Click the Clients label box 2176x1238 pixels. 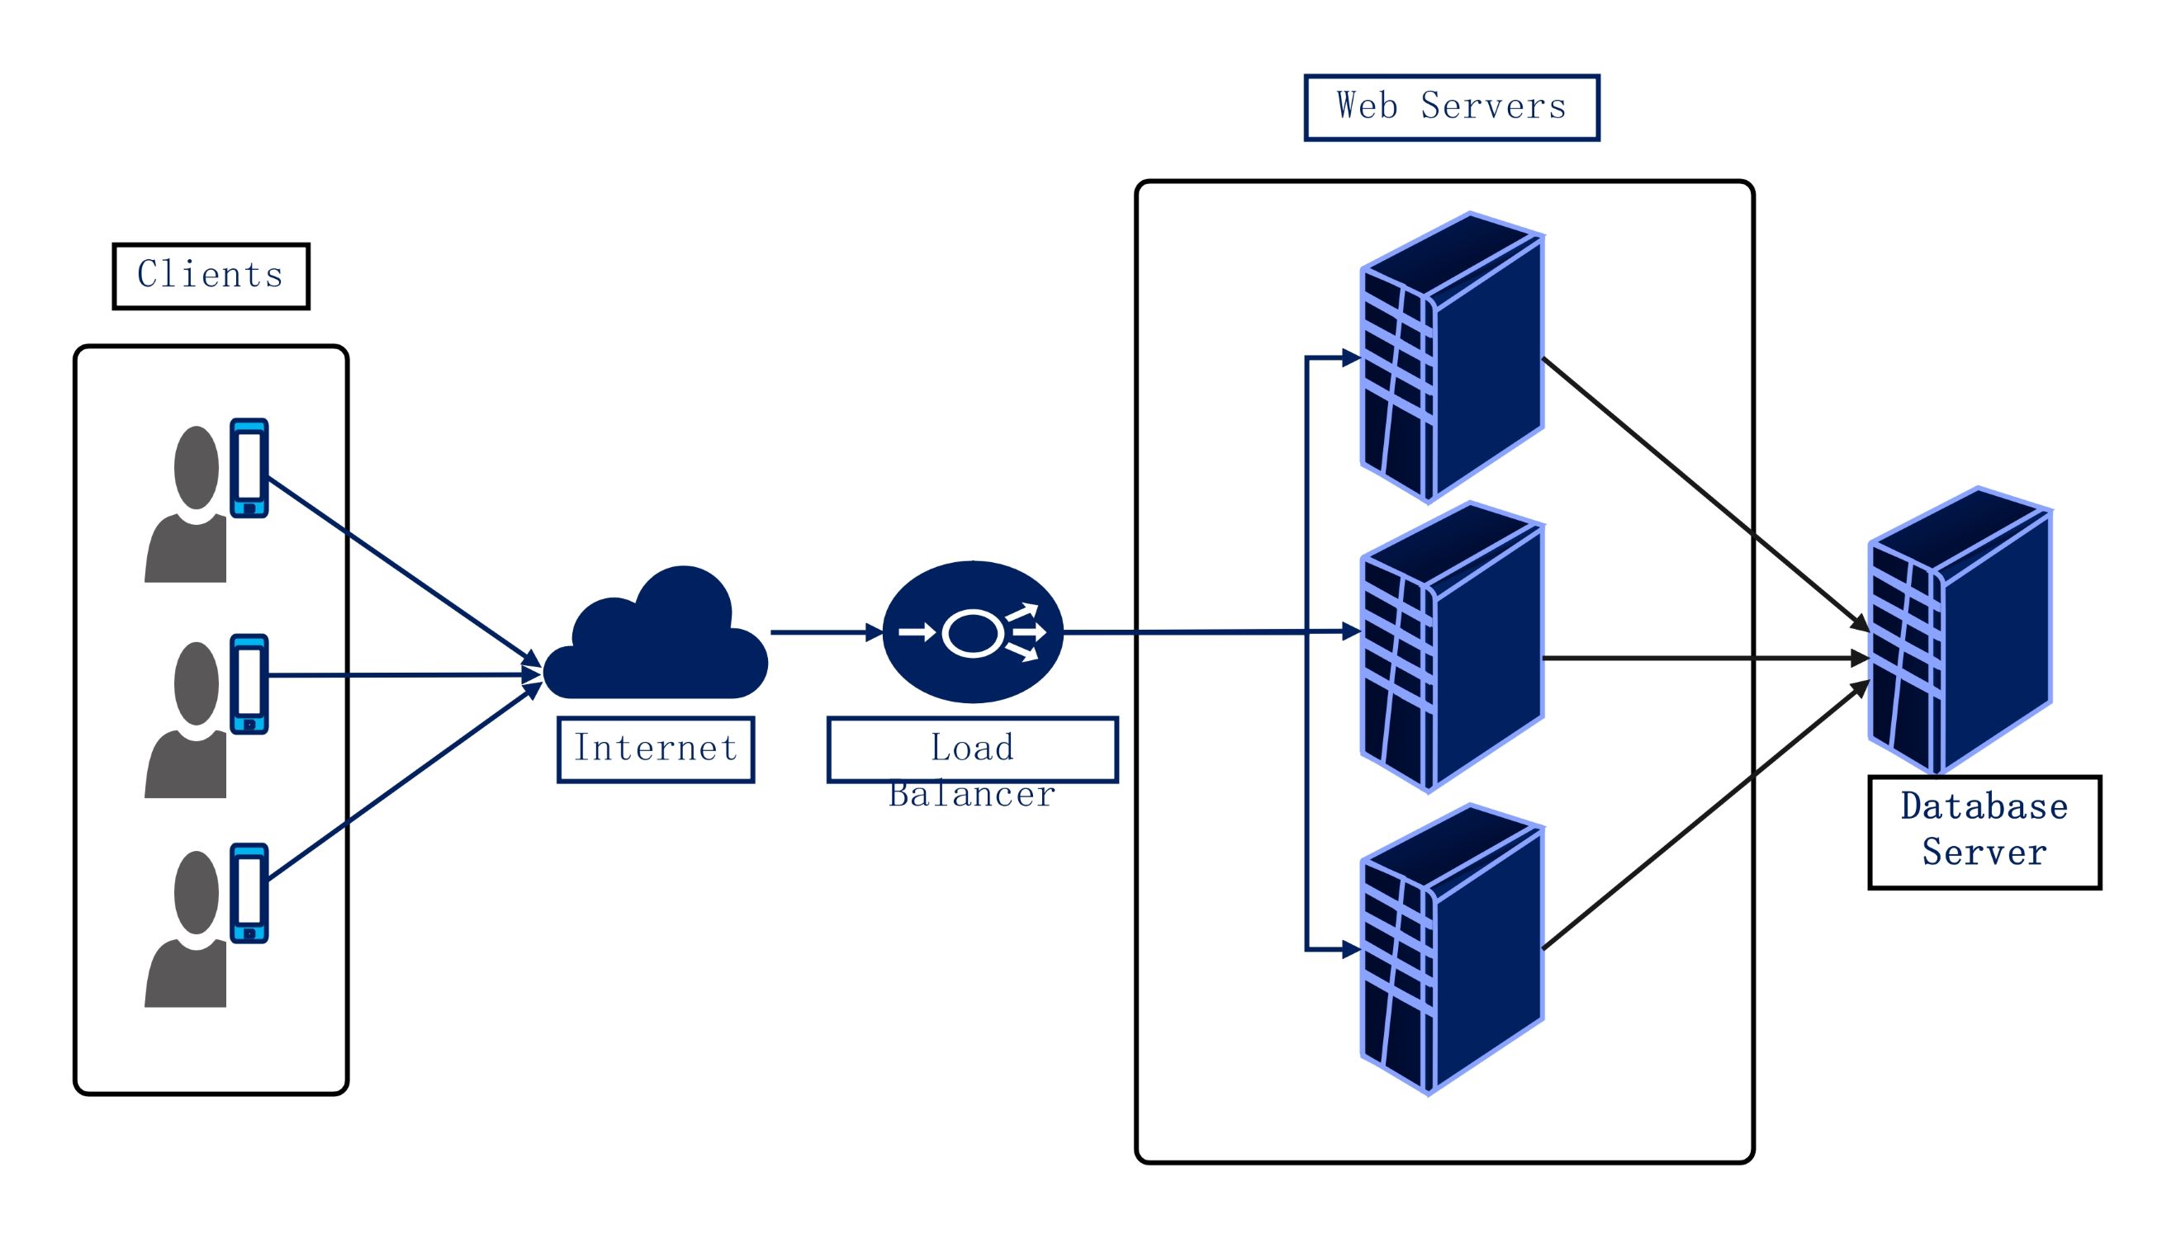point(210,276)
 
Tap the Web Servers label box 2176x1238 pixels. point(1450,107)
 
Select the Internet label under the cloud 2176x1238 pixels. point(655,749)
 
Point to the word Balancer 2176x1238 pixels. point(971,795)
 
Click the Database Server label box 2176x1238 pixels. point(1984,832)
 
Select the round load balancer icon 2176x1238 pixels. point(972,631)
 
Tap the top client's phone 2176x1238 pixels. point(249,468)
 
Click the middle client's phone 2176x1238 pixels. point(249,683)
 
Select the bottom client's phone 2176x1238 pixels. point(249,893)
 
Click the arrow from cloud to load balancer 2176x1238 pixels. point(821,631)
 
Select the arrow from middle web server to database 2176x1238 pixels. point(1701,657)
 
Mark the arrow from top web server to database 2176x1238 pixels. point(1701,494)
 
